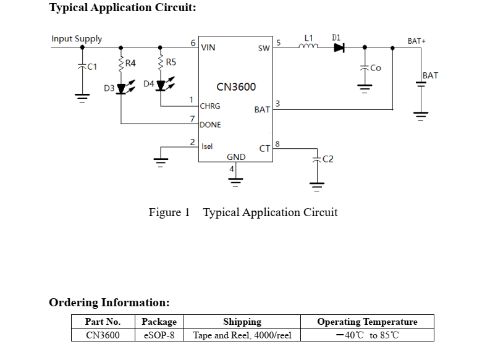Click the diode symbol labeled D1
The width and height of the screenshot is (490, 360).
click(339, 48)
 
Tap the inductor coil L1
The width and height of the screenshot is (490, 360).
click(309, 46)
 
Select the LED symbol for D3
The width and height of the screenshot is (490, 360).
click(121, 88)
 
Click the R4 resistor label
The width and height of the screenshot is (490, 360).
click(130, 63)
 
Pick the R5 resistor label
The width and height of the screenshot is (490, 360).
click(171, 62)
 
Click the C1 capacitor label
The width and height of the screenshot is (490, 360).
click(91, 67)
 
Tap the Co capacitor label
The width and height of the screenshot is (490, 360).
click(375, 68)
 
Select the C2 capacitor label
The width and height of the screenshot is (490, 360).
click(328, 159)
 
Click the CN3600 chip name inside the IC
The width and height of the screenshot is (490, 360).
click(235, 87)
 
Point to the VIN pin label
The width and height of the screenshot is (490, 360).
click(208, 47)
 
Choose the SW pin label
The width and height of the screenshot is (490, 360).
click(264, 48)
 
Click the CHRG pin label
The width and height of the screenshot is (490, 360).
click(210, 106)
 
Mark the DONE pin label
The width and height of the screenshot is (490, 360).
click(210, 125)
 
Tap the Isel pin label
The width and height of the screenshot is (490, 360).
click(208, 146)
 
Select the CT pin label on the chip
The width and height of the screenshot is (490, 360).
click(264, 148)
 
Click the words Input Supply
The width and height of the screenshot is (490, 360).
click(77, 39)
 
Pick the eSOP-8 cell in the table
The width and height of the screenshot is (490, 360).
click(159, 335)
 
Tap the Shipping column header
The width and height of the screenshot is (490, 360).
click(242, 322)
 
